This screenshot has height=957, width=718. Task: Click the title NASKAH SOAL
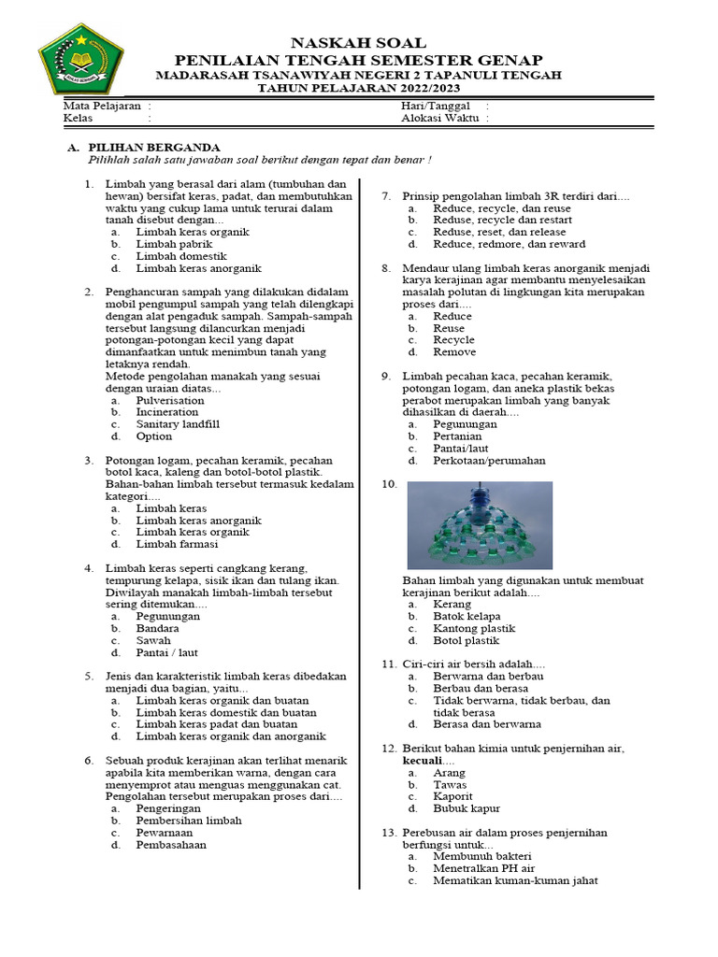click(359, 43)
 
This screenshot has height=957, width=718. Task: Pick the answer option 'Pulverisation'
click(170, 400)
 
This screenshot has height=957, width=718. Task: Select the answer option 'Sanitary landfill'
click(178, 424)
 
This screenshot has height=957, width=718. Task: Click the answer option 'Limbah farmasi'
click(177, 544)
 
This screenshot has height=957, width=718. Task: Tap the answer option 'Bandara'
click(157, 629)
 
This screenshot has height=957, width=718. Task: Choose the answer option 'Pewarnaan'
click(165, 832)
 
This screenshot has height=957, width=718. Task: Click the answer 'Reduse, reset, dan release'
click(498, 232)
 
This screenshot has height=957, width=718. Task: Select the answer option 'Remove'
click(454, 352)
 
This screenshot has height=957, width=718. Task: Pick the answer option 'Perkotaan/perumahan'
click(489, 461)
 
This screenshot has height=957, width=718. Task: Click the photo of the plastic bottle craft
click(480, 525)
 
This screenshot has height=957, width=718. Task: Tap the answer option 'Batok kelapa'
click(467, 617)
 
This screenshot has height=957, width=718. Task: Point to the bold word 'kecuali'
click(421, 762)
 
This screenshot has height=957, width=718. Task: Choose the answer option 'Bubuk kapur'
click(467, 808)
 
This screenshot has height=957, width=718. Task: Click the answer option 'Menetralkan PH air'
click(484, 868)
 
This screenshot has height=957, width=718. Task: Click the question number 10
click(389, 485)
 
